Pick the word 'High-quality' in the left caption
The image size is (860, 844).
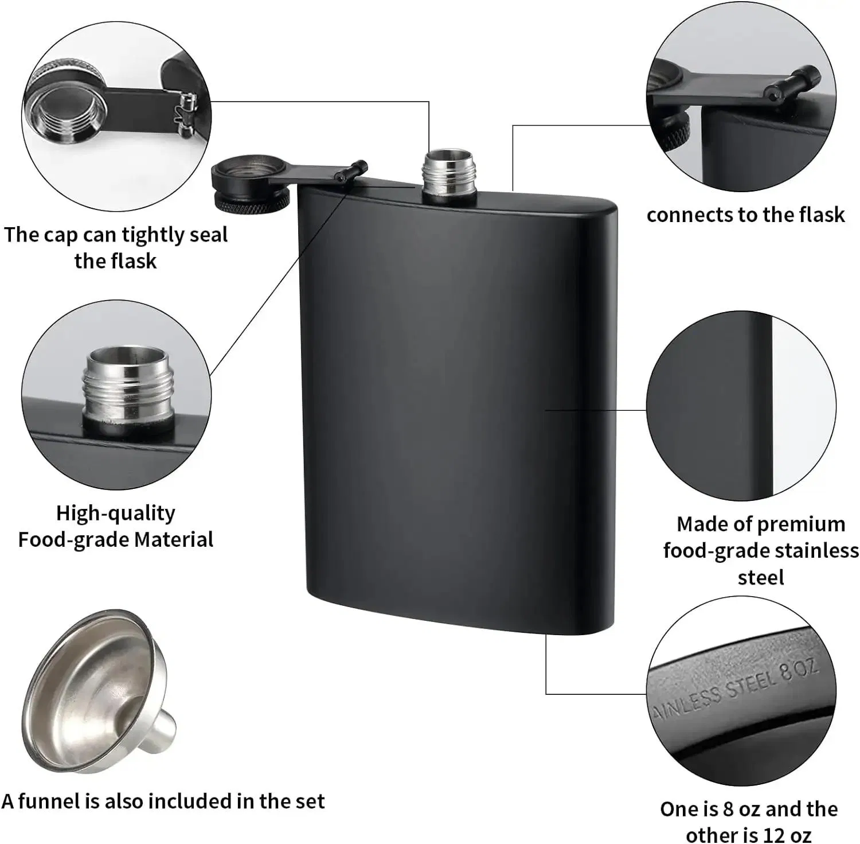[115, 512]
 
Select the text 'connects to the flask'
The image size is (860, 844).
[745, 215]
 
